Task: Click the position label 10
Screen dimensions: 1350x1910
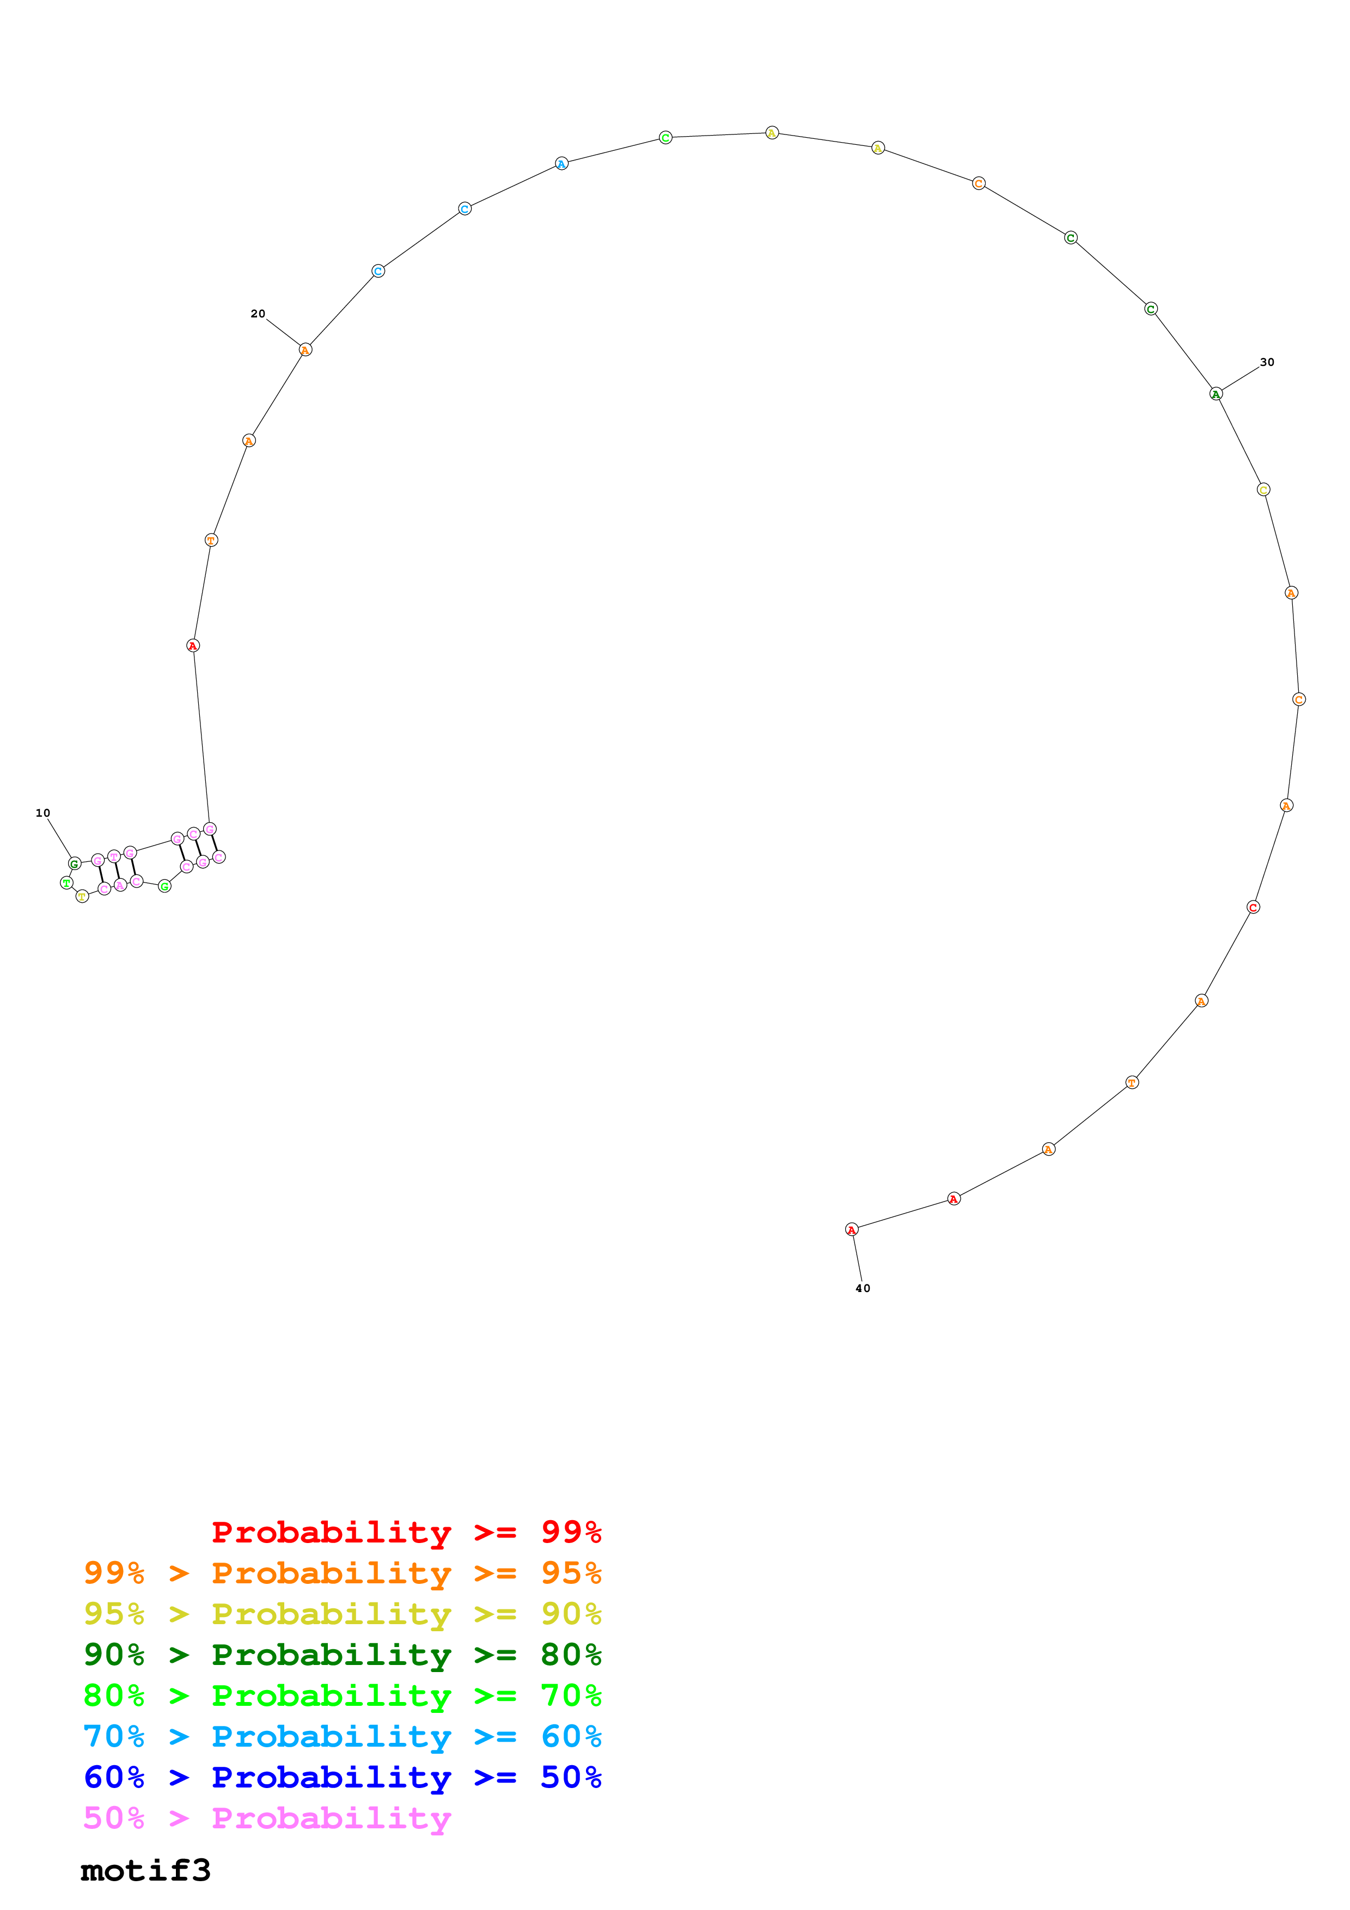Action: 43,813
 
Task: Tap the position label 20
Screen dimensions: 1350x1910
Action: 258,314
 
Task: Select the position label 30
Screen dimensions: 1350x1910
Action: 1267,362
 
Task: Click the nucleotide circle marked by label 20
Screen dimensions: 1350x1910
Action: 306,350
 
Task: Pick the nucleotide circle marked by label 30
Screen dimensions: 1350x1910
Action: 1216,394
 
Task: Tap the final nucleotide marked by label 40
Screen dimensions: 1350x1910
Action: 852,1229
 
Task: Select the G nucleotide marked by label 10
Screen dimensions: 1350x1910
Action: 75,864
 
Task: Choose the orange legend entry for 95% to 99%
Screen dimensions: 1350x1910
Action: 342,1572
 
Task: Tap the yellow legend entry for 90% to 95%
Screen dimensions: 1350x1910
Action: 342,1613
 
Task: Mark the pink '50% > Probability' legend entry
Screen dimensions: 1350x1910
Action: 267,1817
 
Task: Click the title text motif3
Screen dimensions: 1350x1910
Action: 145,1870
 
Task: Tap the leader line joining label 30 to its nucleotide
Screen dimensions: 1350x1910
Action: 1239,378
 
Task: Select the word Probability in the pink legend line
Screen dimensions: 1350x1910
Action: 331,1817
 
